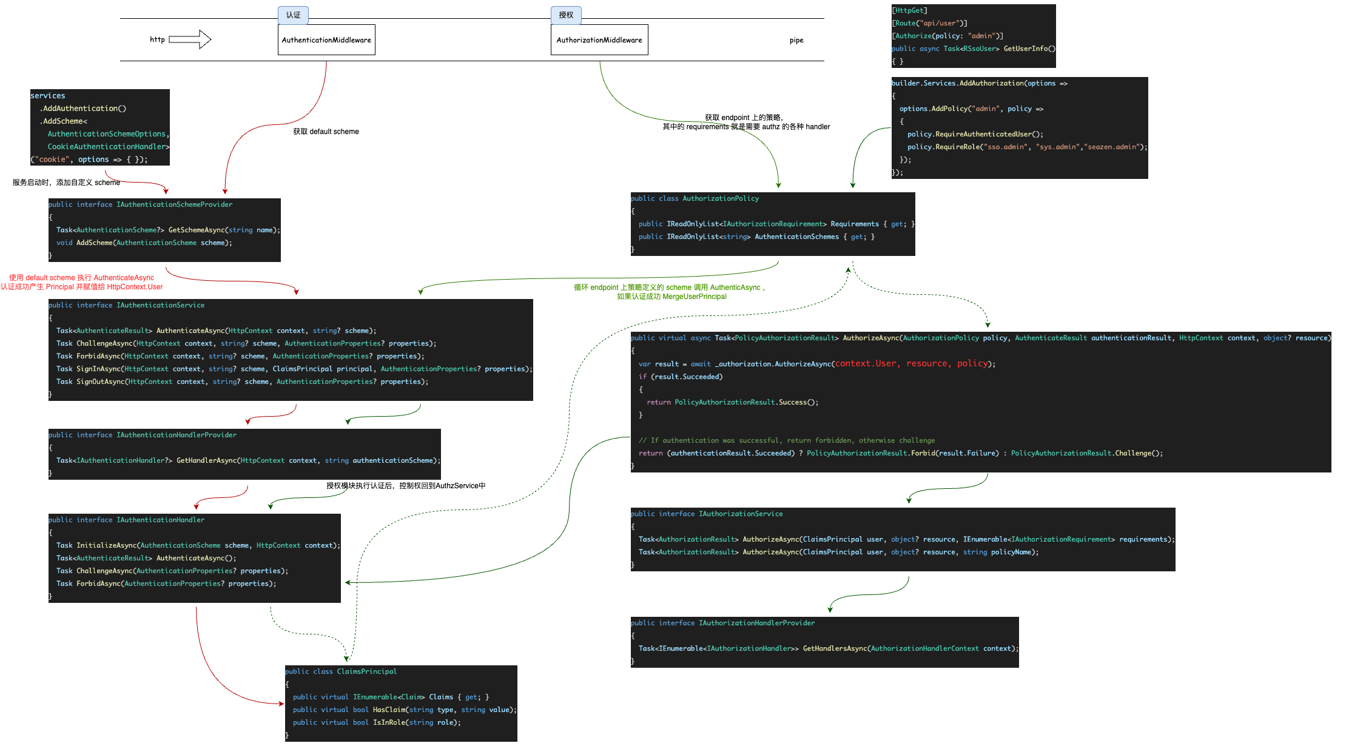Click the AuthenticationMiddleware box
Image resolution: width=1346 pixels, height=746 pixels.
[x=326, y=40]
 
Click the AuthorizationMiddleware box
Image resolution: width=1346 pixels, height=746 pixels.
[x=599, y=40]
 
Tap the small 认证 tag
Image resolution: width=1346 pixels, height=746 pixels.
[x=293, y=15]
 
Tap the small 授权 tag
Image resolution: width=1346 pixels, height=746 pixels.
[x=566, y=15]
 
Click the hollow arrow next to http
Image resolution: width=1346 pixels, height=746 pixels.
[x=190, y=39]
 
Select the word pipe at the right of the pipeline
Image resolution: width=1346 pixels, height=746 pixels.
[x=796, y=41]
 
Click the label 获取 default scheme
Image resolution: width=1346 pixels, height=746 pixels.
[x=326, y=132]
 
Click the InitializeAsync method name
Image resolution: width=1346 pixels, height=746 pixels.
[x=106, y=546]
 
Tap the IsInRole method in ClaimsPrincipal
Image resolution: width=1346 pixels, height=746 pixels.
[x=389, y=723]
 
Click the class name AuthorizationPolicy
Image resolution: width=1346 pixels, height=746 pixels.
[x=721, y=199]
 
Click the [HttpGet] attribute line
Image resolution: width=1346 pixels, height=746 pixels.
[x=909, y=11]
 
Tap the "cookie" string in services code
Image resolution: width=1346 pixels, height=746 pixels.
[x=53, y=160]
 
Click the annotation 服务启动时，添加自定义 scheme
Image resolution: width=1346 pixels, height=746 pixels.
[x=66, y=183]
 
